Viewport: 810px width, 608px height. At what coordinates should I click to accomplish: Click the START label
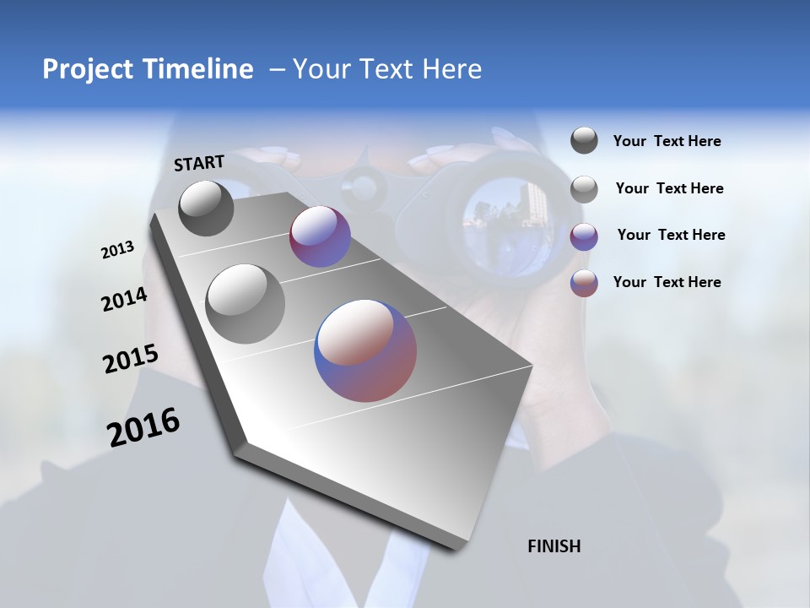pos(199,163)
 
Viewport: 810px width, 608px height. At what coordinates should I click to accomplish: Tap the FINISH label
pos(553,546)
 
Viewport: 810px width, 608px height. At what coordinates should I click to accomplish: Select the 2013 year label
pos(117,250)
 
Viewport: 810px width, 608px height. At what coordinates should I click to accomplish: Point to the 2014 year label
pos(124,300)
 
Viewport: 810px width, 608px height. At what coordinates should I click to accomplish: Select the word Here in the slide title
pos(451,69)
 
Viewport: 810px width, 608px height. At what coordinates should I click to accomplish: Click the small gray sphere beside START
pos(206,208)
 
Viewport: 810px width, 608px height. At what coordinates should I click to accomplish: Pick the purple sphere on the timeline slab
pos(320,236)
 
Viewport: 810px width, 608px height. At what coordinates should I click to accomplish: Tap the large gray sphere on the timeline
pos(245,303)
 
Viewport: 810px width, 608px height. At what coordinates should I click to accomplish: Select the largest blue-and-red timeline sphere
pos(365,350)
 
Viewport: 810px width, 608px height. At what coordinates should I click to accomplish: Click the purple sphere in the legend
pos(584,236)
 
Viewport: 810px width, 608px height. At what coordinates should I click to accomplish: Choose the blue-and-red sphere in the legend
pos(584,283)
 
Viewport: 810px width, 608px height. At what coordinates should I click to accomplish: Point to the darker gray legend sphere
pos(584,140)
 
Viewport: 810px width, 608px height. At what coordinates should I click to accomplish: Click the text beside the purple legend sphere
pos(671,235)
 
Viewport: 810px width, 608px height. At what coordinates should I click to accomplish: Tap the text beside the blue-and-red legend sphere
pos(667,282)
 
